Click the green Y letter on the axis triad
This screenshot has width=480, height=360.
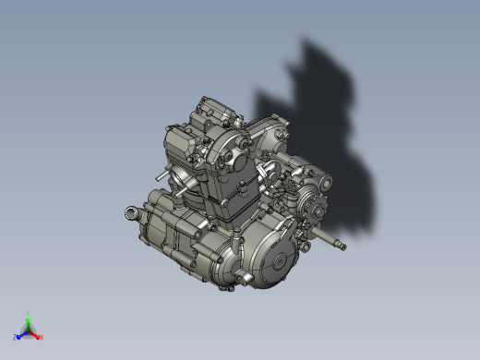click(x=29, y=314)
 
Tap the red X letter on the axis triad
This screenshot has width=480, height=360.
click(x=41, y=337)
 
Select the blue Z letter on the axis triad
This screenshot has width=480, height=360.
click(x=16, y=338)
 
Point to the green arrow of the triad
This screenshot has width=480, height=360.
click(x=29, y=322)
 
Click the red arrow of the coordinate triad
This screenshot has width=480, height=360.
click(x=35, y=334)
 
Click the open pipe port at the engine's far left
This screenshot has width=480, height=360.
click(x=129, y=214)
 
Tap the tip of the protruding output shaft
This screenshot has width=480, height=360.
click(x=343, y=246)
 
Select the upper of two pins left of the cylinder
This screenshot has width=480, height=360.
click(x=163, y=174)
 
